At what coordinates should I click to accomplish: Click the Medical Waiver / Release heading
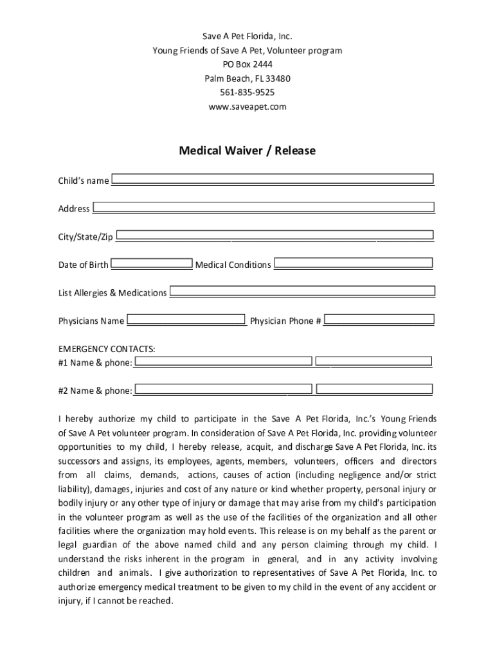[x=248, y=151]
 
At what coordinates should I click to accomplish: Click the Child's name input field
[x=273, y=179]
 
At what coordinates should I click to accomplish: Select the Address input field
[x=263, y=208]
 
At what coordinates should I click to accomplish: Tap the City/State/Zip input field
[x=275, y=236]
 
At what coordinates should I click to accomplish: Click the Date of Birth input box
[x=152, y=263]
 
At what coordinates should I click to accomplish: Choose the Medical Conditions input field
[x=354, y=263]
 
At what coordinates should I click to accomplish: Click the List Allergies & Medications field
[x=302, y=292]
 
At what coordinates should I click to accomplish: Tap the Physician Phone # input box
[x=379, y=319]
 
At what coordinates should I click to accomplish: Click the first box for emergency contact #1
[x=223, y=362]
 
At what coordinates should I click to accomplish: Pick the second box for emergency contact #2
[x=375, y=389]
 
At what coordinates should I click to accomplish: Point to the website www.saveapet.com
[x=248, y=107]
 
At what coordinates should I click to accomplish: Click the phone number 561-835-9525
[x=248, y=93]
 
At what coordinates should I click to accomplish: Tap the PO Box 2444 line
[x=248, y=64]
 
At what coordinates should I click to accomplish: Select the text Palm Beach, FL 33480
[x=248, y=78]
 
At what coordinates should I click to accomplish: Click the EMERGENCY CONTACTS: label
[x=107, y=349]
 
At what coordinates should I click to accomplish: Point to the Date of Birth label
[x=84, y=265]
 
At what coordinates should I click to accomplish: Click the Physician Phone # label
[x=285, y=321]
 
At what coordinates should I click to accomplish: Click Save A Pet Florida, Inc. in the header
[x=248, y=37]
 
